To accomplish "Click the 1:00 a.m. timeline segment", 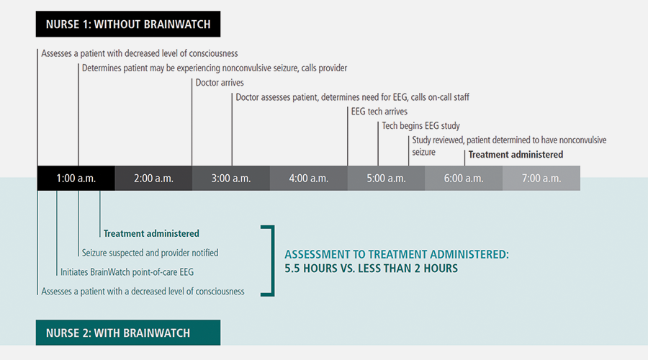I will (x=76, y=179).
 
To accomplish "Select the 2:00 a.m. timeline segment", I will (x=153, y=179).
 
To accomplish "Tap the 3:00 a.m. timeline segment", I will (x=231, y=179).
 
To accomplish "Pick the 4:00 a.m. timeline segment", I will (x=309, y=179).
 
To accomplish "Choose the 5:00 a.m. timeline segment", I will (x=387, y=179).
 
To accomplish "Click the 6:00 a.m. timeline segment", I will (x=464, y=179).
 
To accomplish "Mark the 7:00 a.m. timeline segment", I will (x=541, y=179).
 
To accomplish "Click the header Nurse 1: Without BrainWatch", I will (x=128, y=24).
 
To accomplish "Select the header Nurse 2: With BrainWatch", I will (x=128, y=333).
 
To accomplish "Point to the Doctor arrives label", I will (x=220, y=83).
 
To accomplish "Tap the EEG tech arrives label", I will (x=379, y=112).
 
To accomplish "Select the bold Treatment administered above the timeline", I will (x=516, y=154).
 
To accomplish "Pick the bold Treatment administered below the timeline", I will (x=151, y=233).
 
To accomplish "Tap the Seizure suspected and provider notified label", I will (x=149, y=253).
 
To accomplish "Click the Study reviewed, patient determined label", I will (x=493, y=140).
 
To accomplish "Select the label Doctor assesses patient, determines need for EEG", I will (x=352, y=97).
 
